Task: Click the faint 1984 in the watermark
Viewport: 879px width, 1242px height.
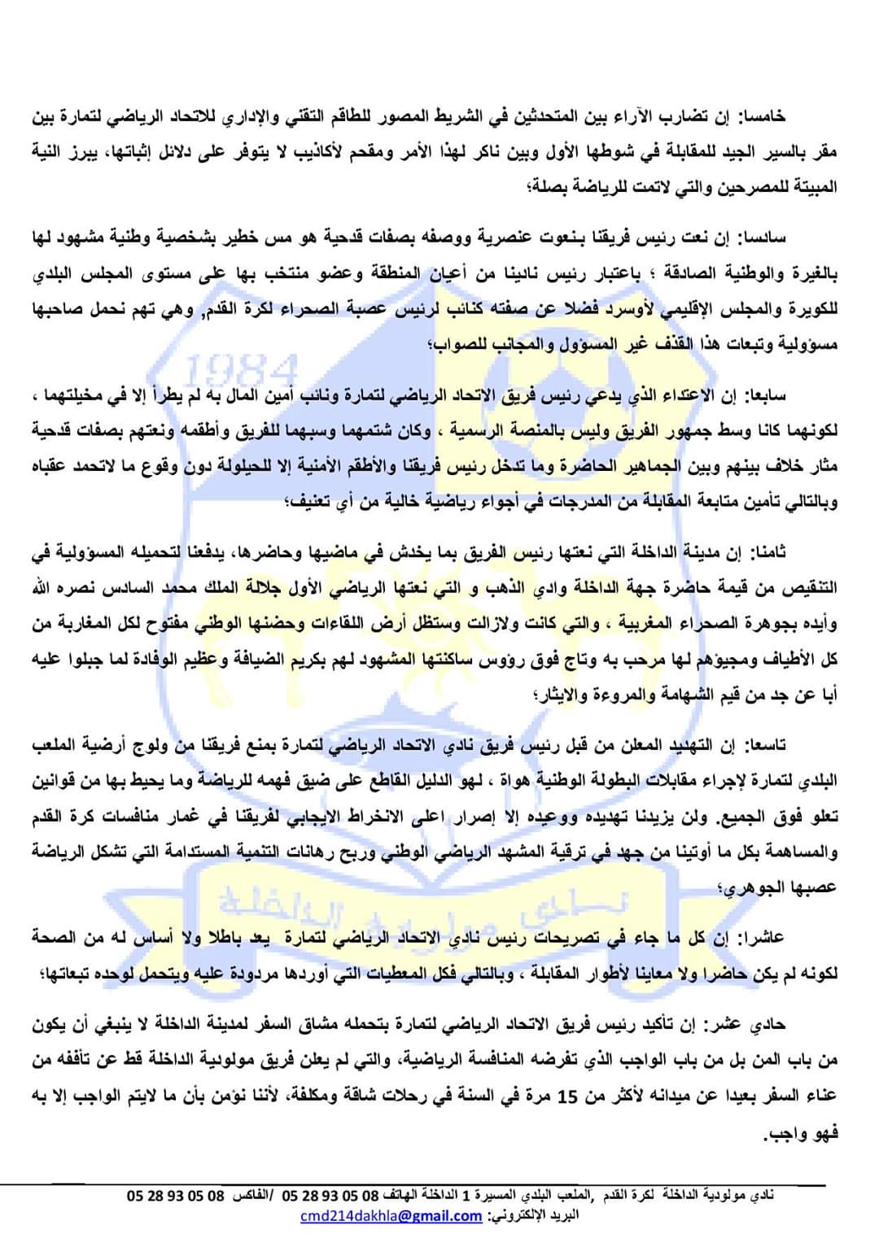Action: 242,371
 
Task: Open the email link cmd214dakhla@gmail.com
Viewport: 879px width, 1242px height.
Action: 391,1216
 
